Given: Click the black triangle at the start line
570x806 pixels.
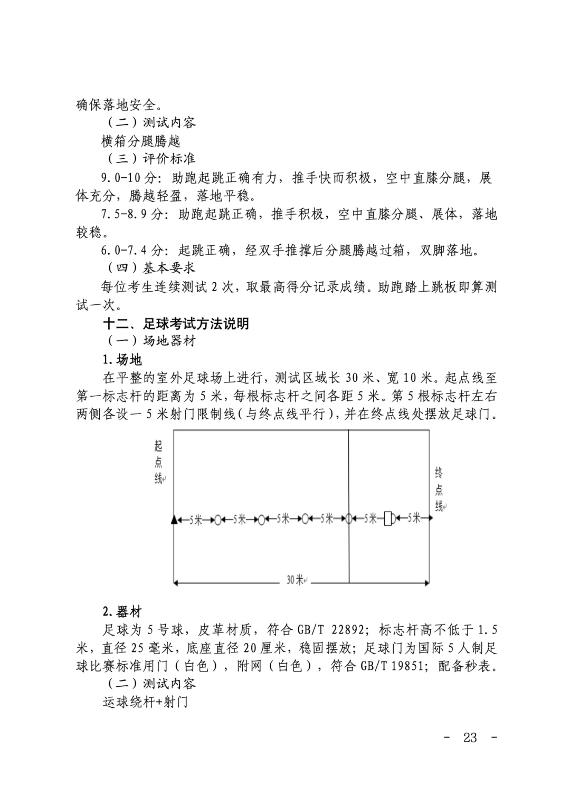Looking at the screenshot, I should click(x=174, y=519).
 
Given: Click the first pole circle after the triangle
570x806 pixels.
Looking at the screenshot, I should click(x=217, y=520).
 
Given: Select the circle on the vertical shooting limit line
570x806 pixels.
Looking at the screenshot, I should click(x=348, y=519).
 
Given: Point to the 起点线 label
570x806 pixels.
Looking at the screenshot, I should click(x=158, y=462).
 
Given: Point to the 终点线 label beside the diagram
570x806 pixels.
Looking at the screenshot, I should click(x=439, y=489).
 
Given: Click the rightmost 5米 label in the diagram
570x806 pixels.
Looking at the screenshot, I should click(x=414, y=518).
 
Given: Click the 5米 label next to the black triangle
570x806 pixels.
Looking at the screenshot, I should click(x=196, y=520).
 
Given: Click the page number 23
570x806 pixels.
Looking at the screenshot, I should click(x=470, y=737).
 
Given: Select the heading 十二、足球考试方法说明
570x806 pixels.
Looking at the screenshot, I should click(x=176, y=323).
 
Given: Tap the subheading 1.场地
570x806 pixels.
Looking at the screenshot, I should click(x=122, y=360).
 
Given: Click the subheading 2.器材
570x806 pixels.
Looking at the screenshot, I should click(x=122, y=612).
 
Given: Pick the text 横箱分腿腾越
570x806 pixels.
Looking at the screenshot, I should click(x=141, y=141).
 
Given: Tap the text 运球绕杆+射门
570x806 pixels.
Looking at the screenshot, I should click(x=145, y=703).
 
